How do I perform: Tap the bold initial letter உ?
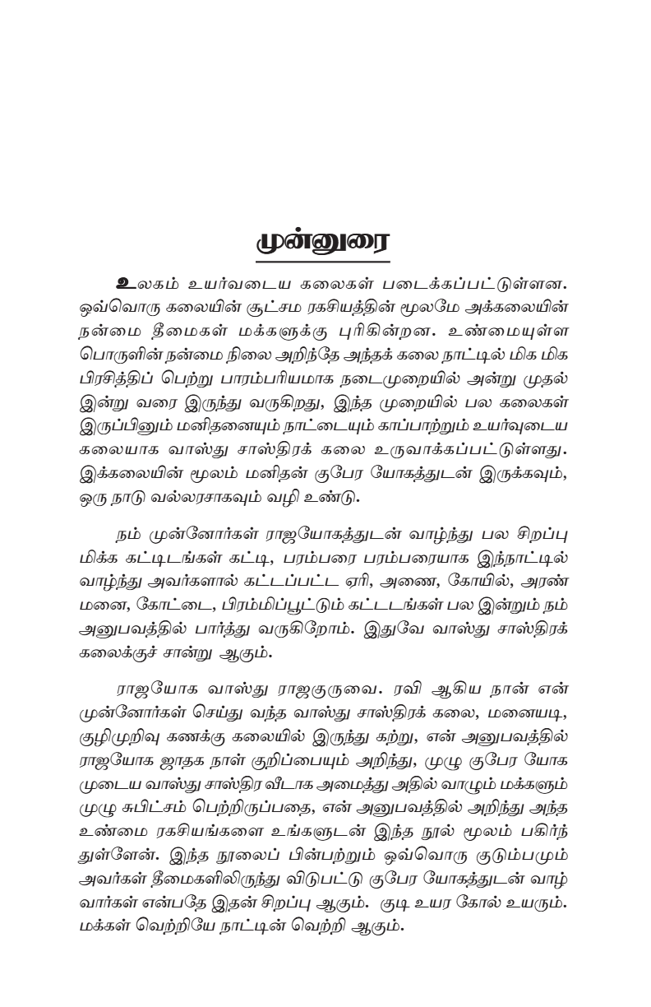coord(128,282)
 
